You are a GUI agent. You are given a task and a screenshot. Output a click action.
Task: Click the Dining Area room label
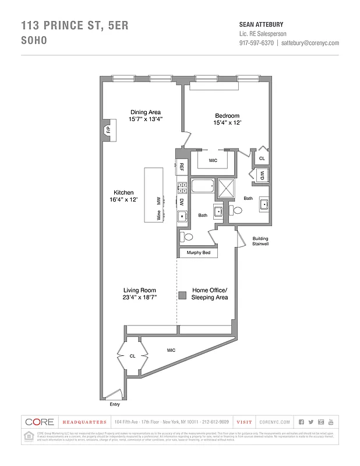[x=145, y=112]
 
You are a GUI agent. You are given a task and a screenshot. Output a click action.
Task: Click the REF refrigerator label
[x=182, y=167]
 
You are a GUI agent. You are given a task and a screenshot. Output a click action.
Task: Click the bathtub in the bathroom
[x=202, y=188]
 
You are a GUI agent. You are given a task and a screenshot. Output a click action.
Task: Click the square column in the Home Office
[x=182, y=296]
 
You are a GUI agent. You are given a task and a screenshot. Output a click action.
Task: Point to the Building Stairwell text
[x=260, y=241]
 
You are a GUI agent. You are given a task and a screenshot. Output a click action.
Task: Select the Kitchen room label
[x=123, y=193]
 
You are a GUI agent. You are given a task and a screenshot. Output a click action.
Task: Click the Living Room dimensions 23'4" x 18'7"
[x=139, y=297]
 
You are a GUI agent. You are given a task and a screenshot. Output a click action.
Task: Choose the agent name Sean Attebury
[x=261, y=24]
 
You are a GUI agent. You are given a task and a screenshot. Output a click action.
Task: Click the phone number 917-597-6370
[x=256, y=43]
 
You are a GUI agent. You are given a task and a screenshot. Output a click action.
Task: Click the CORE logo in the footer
[x=39, y=422]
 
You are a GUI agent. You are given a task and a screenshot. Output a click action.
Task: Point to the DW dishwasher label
[x=182, y=202]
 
